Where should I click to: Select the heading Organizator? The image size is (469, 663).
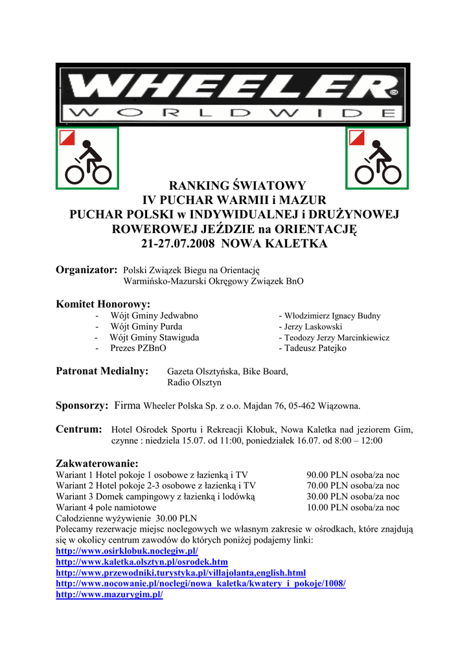click(86, 269)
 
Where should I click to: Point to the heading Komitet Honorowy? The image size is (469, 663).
click(103, 304)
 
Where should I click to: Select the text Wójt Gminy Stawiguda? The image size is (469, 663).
click(154, 337)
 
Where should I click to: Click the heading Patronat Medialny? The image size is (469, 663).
click(102, 372)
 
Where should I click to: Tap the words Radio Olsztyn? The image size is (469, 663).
click(194, 383)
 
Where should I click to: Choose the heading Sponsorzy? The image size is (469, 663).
click(82, 406)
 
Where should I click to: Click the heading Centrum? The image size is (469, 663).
click(79, 429)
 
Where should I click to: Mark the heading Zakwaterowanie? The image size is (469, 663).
click(97, 464)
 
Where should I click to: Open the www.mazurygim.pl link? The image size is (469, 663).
click(109, 594)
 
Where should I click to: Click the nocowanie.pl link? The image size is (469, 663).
click(201, 583)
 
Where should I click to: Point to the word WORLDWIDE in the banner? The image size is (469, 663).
click(232, 114)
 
